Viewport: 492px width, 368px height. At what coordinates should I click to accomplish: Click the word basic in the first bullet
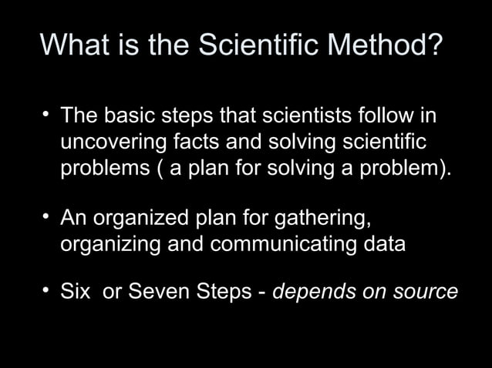click(x=127, y=118)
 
